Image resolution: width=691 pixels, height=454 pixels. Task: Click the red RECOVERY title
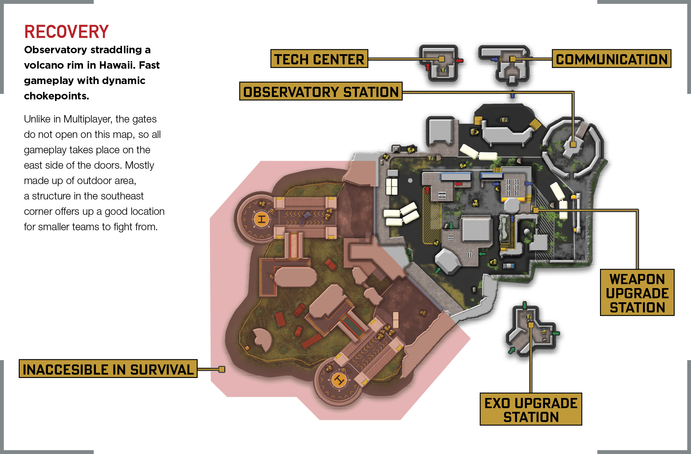coord(66,32)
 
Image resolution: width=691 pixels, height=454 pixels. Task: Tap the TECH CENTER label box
coord(319,58)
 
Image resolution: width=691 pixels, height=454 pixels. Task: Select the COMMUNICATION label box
coord(612,58)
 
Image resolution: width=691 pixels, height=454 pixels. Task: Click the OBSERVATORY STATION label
coord(321,91)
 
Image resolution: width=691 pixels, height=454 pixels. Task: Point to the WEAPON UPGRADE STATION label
coord(637,292)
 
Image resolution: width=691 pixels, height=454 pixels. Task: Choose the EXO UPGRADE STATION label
coord(531,409)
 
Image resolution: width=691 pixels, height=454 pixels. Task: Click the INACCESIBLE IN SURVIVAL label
coord(108,368)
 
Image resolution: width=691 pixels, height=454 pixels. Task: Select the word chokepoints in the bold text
coord(57,96)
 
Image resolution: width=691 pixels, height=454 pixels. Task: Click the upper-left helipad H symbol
coord(261,219)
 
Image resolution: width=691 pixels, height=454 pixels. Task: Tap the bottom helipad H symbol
coord(339,380)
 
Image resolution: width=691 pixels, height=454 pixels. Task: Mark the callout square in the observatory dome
coord(573,144)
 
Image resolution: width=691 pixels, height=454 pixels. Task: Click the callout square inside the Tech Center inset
coord(441,59)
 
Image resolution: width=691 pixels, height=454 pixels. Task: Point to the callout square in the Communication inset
coord(513,59)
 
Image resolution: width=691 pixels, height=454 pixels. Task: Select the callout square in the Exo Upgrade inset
coord(531,325)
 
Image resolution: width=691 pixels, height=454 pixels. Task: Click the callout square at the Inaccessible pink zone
coord(222,369)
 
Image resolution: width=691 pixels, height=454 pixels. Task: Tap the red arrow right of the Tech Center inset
coord(460,61)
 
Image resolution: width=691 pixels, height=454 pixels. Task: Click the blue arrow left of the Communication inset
coord(495,59)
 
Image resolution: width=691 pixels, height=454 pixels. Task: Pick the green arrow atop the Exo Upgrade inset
coord(524,305)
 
